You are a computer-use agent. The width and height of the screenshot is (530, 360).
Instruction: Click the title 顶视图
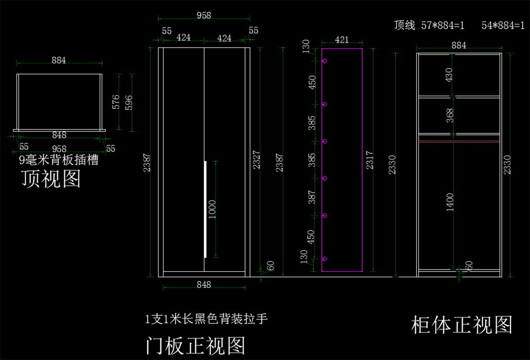[x=51, y=179]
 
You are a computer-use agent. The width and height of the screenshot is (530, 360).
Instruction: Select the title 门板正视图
[x=195, y=346]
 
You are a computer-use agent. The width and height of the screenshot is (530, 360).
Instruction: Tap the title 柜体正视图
[x=462, y=325]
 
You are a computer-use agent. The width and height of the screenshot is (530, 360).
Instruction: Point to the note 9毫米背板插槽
[x=58, y=160]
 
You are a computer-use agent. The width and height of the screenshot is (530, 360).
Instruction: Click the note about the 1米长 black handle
[x=206, y=319]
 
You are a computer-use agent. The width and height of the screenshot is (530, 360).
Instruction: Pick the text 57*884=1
[x=443, y=25]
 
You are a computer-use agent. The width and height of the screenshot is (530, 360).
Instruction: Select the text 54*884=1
[x=503, y=25]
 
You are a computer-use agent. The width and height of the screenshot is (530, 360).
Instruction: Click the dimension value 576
[x=116, y=102]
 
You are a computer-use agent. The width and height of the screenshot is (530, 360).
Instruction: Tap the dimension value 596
[x=129, y=103]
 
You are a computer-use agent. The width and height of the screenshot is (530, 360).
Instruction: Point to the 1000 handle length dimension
[x=212, y=209]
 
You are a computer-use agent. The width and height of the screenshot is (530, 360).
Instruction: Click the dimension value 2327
[x=257, y=159]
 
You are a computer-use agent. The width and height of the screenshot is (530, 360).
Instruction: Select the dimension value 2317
[x=370, y=160]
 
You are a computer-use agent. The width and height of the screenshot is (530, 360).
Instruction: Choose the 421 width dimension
[x=342, y=40]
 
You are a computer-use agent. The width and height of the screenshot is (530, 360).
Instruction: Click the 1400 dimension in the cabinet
[x=450, y=202]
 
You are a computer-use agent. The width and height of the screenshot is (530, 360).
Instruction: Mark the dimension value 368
[x=450, y=115]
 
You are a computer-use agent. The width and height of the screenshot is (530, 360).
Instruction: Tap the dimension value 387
[x=312, y=197]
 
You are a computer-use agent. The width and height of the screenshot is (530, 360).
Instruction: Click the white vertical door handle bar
[x=205, y=209]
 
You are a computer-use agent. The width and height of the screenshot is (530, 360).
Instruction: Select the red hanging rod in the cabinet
[x=459, y=141]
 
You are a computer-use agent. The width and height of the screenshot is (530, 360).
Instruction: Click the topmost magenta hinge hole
[x=325, y=61]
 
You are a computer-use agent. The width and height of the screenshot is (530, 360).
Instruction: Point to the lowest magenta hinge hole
[x=325, y=259]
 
